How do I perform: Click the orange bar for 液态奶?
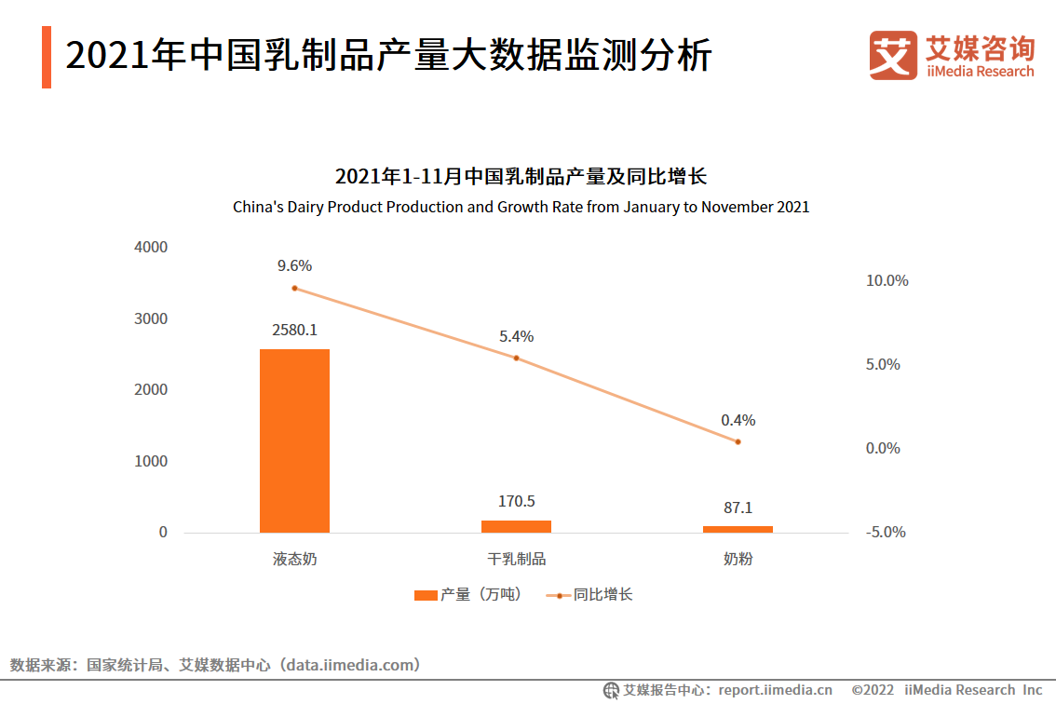[x=294, y=440]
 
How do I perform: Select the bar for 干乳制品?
[x=516, y=526]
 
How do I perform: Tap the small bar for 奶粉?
[x=738, y=529]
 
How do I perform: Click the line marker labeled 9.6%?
[x=294, y=288]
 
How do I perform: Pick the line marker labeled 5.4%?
[x=516, y=358]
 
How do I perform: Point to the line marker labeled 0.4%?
[x=738, y=441]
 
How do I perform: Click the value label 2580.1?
[x=294, y=330]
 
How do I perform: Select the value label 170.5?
[x=516, y=501]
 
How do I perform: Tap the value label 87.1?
[x=738, y=508]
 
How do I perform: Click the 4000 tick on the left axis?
[x=150, y=247]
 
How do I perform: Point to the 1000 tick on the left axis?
[x=150, y=461]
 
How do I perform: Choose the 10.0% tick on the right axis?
[x=887, y=280]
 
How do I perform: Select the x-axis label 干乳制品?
[x=516, y=560]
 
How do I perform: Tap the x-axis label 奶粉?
[x=738, y=560]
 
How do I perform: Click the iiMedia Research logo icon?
[x=892, y=56]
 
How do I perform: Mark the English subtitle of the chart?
[x=521, y=207]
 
